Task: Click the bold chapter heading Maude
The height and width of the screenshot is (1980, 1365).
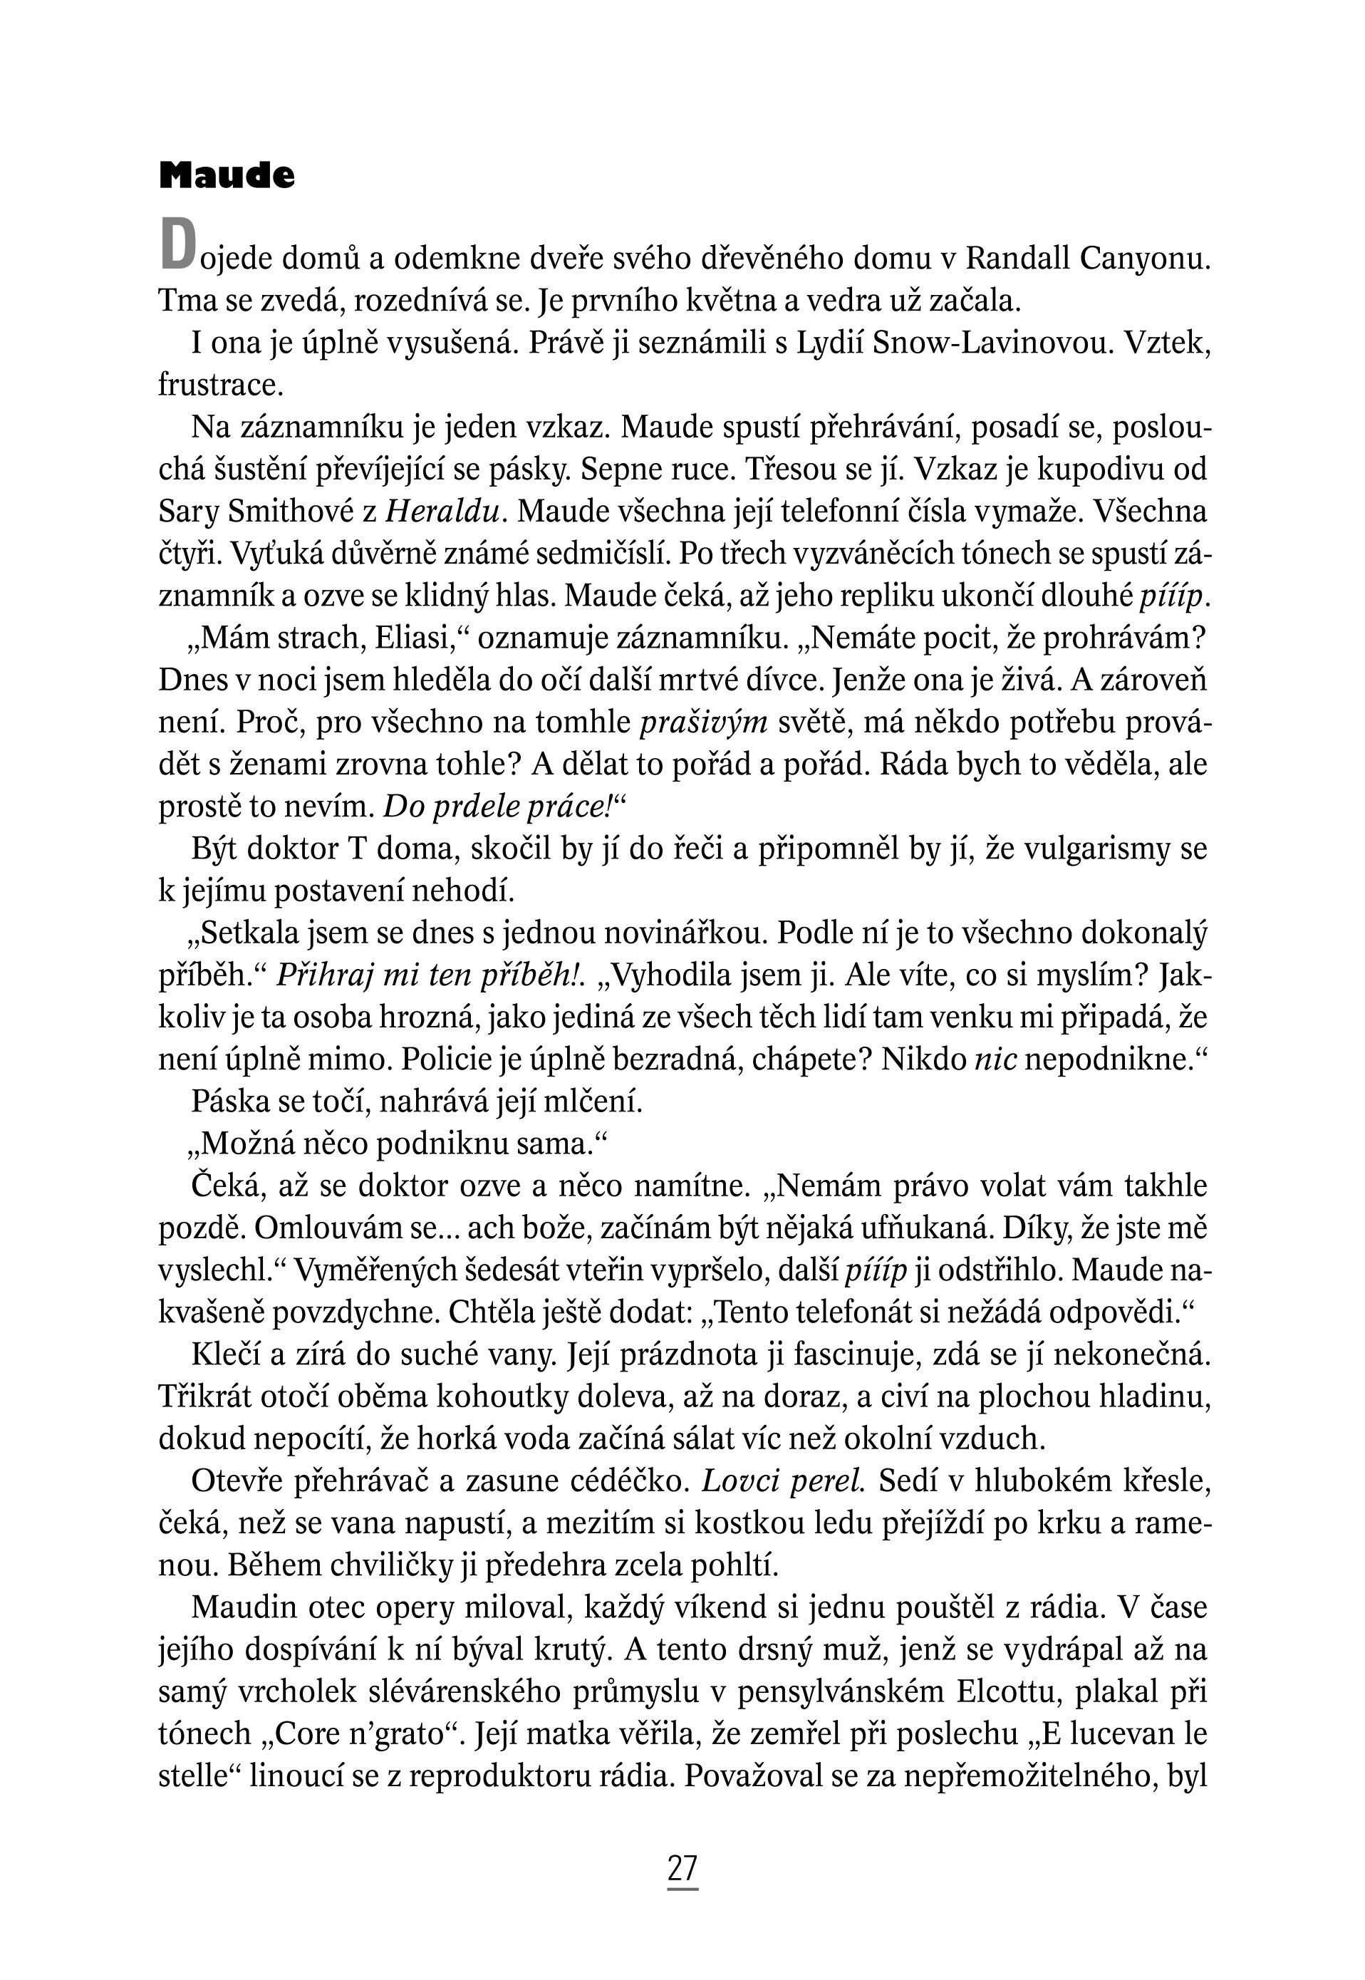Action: click(227, 175)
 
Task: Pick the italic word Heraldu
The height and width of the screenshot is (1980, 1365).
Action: click(443, 512)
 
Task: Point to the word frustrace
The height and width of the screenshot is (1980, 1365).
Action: click(221, 385)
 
